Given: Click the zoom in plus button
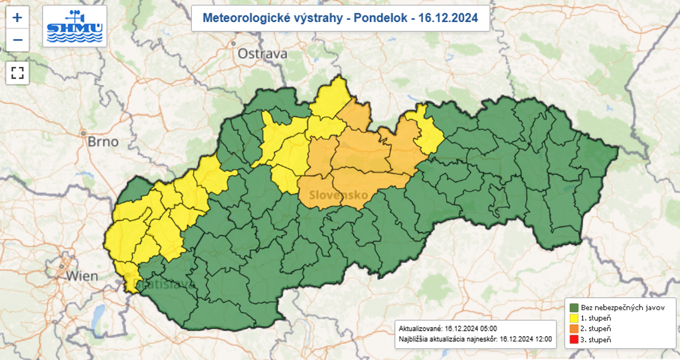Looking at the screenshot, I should (17, 17).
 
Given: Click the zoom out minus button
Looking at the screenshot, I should (17, 40).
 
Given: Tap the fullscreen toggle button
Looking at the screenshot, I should (17, 72).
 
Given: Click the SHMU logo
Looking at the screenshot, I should (74, 27).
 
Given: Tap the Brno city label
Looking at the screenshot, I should (102, 141).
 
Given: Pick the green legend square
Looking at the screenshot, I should (573, 308).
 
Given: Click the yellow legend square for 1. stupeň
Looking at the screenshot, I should (573, 318).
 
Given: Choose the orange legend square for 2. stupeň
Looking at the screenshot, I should (573, 329).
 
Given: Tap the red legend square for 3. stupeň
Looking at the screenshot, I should (573, 339).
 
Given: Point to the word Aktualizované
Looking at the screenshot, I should (420, 329).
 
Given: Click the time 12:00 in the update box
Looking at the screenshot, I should (543, 339).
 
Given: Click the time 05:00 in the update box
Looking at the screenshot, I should (487, 329).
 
